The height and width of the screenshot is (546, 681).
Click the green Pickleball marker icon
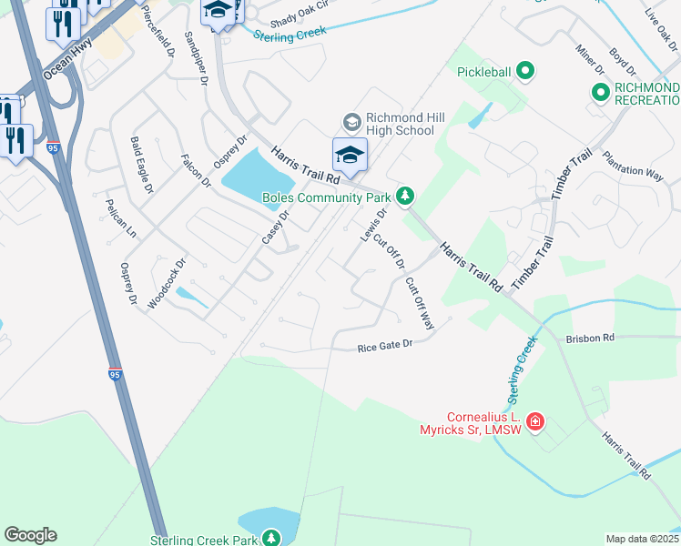click(524, 70)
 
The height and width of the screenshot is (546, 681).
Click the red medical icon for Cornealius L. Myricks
click(535, 420)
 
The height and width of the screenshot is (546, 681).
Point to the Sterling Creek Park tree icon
click(271, 540)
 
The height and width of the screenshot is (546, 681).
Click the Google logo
click(30, 535)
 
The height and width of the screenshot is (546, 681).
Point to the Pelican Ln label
click(120, 218)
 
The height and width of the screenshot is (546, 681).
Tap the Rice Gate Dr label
click(385, 346)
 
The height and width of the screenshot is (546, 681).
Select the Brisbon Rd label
click(590, 337)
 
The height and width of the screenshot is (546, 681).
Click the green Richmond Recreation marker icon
click(600, 92)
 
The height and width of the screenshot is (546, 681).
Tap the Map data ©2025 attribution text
click(642, 539)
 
